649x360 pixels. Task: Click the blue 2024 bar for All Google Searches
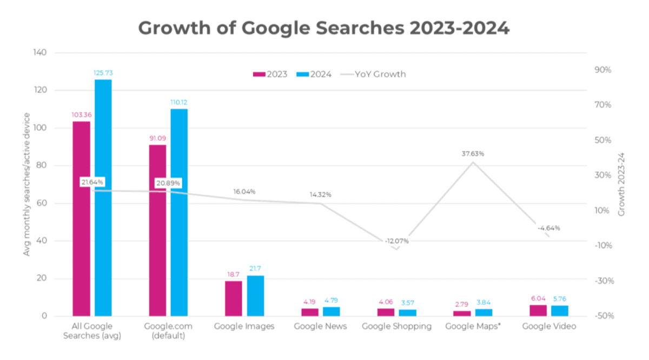[103, 197]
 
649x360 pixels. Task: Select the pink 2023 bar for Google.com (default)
[157, 230]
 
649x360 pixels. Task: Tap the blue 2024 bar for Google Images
[255, 296]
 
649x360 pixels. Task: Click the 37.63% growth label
[473, 154]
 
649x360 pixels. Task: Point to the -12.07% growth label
[397, 241]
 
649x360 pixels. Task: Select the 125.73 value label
[103, 72]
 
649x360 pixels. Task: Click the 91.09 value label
[157, 138]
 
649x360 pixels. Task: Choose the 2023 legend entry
[271, 74]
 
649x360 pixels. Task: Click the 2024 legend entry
[315, 74]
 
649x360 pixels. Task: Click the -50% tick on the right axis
[602, 316]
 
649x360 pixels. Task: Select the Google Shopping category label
[396, 326]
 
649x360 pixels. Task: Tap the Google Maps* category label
[473, 326]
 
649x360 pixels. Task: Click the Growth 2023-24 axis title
[621, 184]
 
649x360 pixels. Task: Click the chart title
[323, 28]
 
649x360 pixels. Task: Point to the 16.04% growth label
[244, 192]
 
